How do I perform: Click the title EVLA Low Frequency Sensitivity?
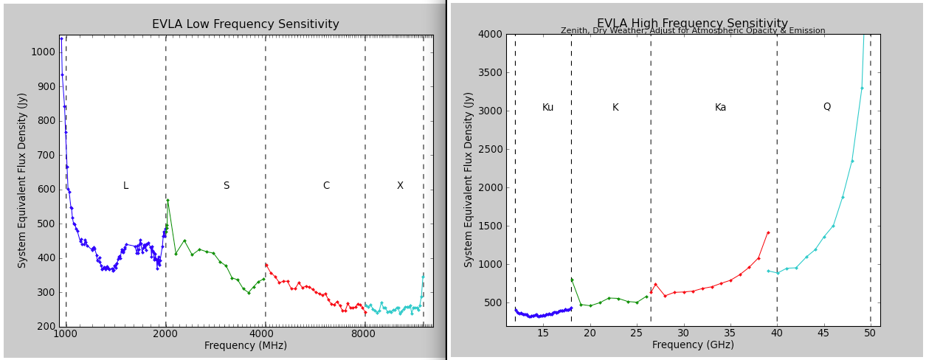[246, 24]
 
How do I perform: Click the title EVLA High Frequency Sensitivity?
[692, 24]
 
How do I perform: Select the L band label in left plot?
[125, 186]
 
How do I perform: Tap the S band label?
[226, 186]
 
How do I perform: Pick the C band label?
[325, 186]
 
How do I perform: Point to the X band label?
[400, 186]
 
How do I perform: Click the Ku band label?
[547, 108]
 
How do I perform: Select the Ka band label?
[720, 108]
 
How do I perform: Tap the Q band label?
[826, 107]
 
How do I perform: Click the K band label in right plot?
[615, 108]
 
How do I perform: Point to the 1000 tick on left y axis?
[42, 52]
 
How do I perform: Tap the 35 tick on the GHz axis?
[730, 334]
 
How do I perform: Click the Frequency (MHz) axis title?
[246, 346]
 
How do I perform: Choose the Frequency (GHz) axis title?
[692, 345]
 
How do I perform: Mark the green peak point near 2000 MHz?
[167, 200]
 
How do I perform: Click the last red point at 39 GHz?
[768, 232]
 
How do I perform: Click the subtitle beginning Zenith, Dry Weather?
[692, 31]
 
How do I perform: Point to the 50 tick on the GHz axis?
[871, 334]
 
